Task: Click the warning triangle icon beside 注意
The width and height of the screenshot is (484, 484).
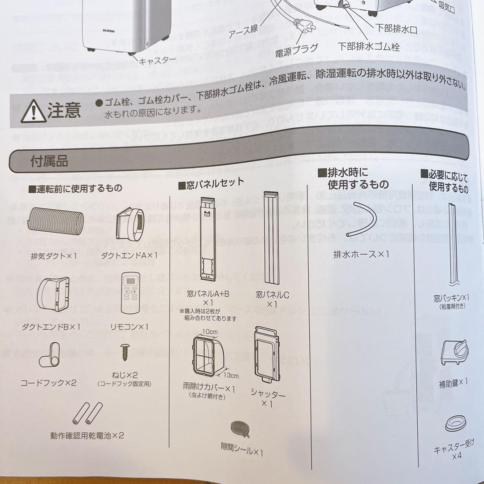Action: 33,111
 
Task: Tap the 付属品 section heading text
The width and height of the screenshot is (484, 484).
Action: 49,161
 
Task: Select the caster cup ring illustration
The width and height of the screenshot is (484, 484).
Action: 458,423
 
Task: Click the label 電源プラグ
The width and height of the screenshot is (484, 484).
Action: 297,48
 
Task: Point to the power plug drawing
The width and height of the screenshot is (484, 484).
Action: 304,28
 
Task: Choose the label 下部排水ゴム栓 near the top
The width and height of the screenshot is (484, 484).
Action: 368,47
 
